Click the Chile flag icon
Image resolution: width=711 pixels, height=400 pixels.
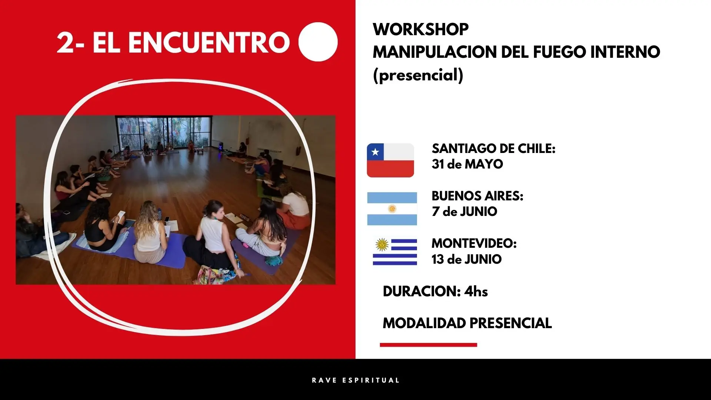click(390, 160)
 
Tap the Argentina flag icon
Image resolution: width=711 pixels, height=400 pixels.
click(392, 209)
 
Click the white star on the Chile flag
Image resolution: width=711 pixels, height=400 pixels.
click(375, 152)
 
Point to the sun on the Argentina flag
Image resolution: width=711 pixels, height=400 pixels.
click(392, 209)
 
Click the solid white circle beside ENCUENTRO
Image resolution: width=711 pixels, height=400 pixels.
click(318, 42)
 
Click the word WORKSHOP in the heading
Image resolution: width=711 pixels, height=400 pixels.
click(421, 29)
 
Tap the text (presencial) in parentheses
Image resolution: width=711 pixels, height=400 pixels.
click(418, 75)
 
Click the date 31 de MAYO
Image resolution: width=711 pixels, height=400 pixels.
click(467, 164)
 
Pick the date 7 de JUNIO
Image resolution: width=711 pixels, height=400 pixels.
click(464, 211)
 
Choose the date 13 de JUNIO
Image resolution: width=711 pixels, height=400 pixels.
click(467, 259)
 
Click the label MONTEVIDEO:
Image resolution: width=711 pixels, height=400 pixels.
click(474, 243)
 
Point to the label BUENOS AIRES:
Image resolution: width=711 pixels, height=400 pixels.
click(477, 196)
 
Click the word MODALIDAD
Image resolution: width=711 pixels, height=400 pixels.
click(423, 323)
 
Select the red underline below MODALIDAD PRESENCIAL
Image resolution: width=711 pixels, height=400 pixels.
click(428, 345)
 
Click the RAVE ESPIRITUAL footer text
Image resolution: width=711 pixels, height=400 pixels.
click(355, 380)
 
